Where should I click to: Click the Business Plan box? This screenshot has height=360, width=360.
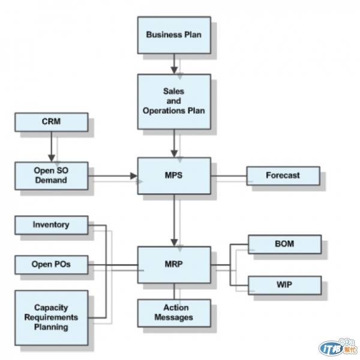174,35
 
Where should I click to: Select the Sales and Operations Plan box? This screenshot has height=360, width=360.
174,101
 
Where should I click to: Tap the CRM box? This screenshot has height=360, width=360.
51,122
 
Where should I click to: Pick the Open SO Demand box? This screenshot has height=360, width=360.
51,175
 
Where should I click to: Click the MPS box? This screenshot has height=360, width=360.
174,175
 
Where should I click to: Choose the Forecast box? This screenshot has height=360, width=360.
283,175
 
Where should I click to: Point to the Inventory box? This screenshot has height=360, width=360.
51,225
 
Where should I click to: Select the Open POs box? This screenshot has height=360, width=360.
51,264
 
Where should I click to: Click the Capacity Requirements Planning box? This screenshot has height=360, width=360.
51,317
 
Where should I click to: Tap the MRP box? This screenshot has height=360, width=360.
174,264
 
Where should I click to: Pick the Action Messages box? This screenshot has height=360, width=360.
174,312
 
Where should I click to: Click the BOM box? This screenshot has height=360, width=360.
284,244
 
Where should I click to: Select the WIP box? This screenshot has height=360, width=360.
284,284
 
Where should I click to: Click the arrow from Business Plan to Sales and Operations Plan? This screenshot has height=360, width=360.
174,64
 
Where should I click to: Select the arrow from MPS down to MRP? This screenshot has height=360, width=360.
174,220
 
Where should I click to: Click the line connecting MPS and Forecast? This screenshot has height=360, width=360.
229,176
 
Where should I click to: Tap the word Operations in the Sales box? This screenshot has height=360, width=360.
174,110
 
